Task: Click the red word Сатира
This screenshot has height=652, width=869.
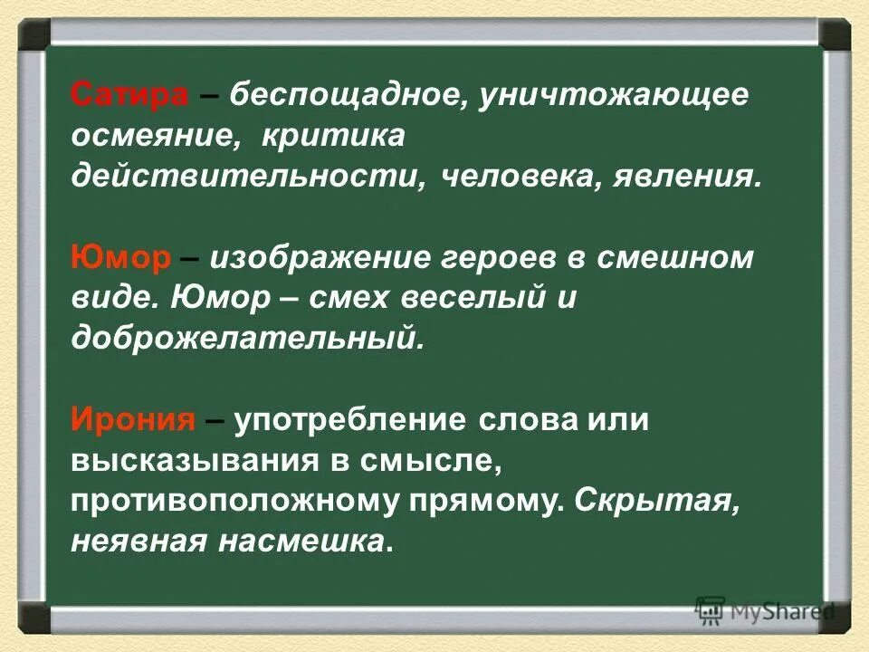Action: (129, 94)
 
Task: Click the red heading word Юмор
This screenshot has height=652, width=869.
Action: (120, 258)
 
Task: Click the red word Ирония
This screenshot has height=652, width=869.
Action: (133, 421)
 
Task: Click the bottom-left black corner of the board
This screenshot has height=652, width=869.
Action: (35, 618)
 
